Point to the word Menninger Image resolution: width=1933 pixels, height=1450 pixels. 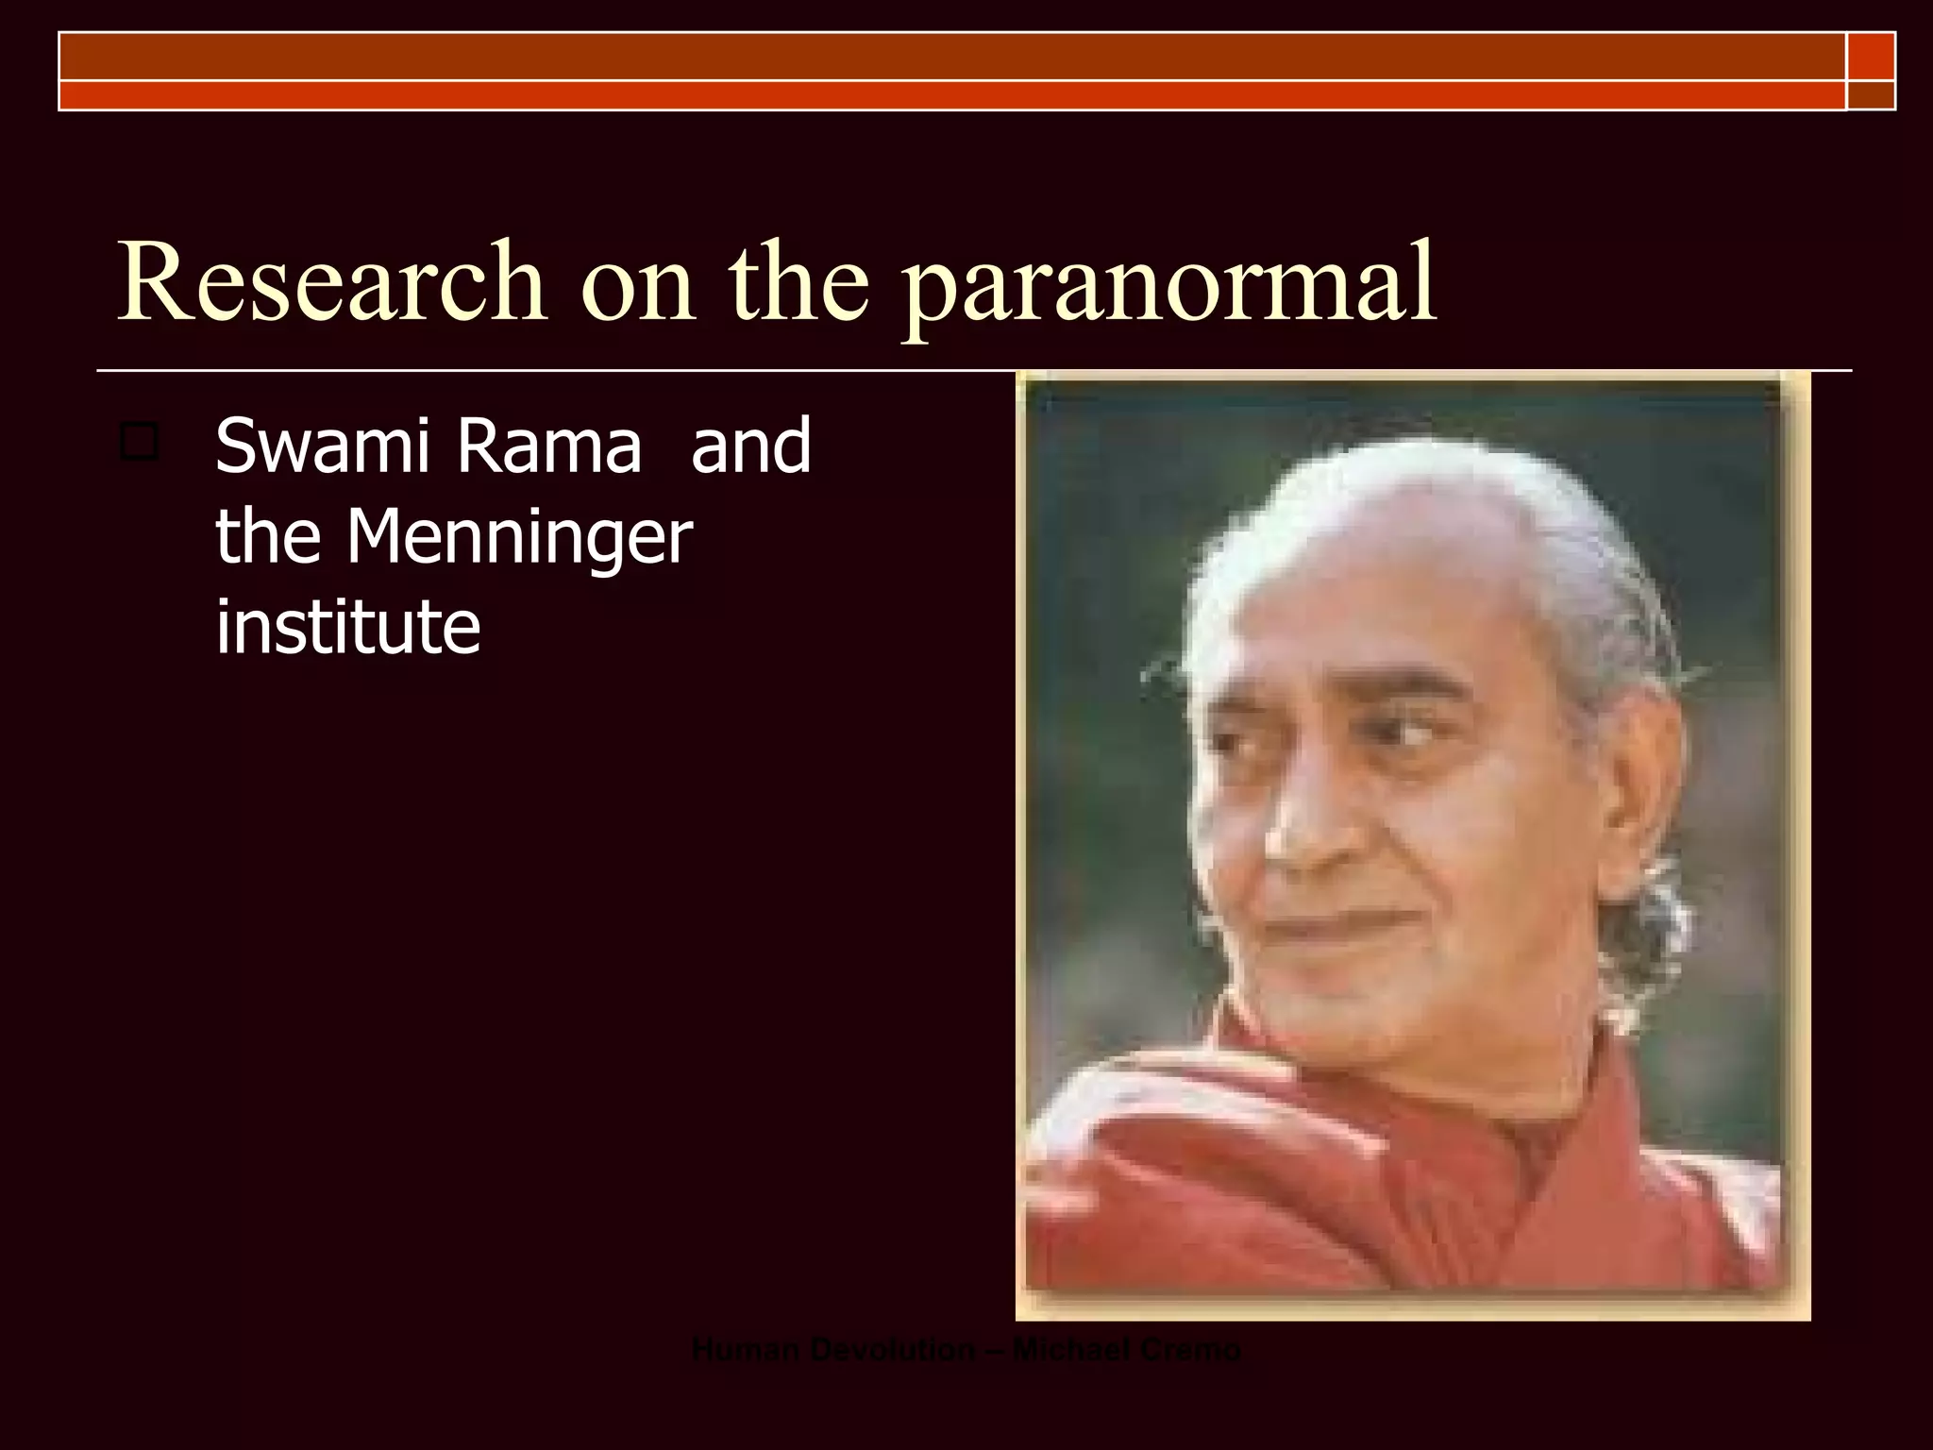[518, 538]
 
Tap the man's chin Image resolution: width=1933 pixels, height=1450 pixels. [1359, 1001]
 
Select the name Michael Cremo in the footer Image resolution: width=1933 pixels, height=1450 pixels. [1127, 1351]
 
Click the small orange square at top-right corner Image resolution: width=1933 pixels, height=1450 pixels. [1871, 56]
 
